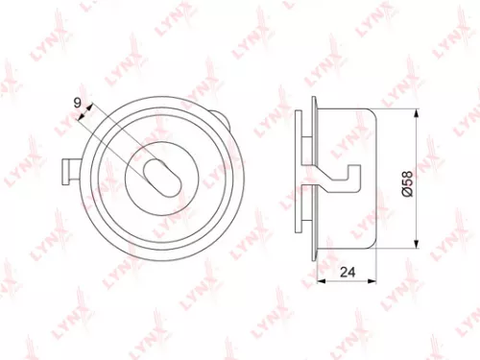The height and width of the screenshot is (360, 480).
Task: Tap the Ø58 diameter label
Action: [406, 183]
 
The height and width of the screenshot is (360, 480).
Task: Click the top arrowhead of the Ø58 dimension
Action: [416, 112]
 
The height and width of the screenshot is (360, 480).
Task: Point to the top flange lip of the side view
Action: [315, 103]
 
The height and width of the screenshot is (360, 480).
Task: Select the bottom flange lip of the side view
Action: [315, 252]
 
